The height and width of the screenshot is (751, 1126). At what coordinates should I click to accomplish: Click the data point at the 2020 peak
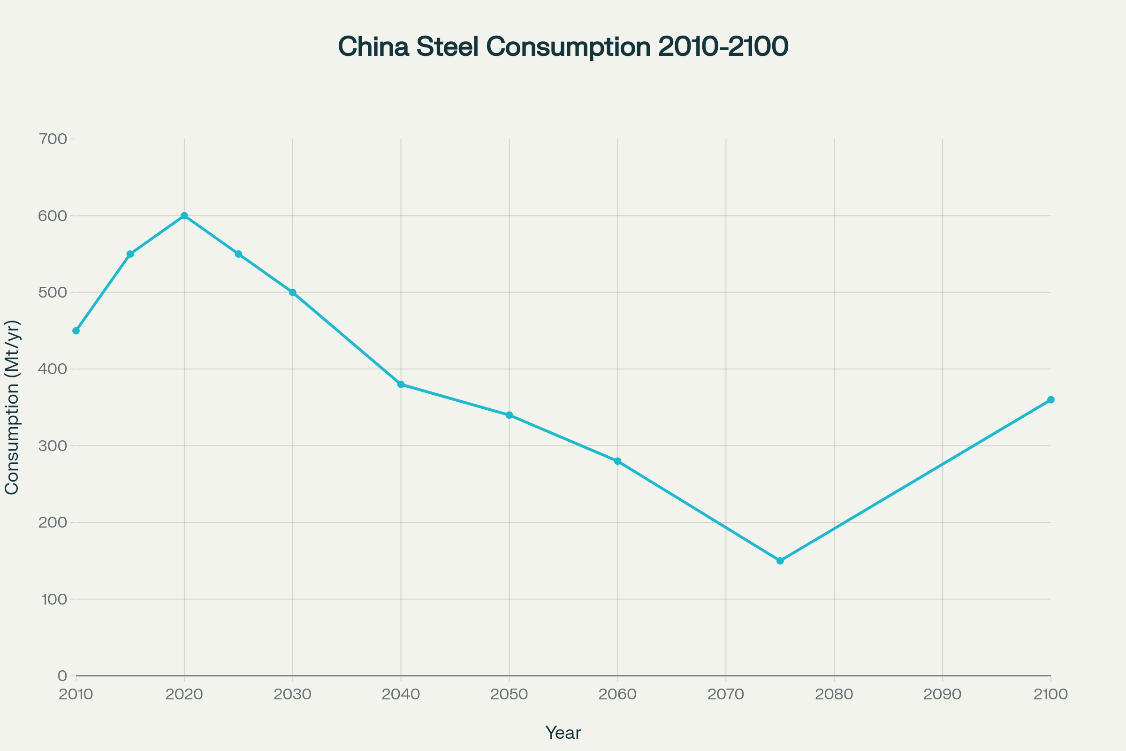184,215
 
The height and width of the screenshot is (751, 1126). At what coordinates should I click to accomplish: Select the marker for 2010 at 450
76,330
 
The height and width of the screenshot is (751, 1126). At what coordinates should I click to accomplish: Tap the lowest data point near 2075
780,560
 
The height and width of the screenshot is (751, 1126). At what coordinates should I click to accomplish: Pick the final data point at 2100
1051,399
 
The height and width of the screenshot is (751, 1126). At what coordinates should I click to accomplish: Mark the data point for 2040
401,384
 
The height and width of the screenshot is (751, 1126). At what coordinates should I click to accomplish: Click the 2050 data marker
510,415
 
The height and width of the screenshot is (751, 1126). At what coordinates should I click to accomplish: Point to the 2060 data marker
617,461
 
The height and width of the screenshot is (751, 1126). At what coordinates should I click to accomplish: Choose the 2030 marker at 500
292,292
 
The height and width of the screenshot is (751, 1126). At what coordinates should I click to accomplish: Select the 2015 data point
130,254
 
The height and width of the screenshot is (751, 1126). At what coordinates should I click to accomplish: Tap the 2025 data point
238,254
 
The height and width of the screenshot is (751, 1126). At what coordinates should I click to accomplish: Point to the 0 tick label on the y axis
62,676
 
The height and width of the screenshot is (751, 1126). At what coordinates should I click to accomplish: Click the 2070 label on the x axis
726,695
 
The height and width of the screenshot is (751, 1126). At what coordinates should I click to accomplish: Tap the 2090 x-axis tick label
942,695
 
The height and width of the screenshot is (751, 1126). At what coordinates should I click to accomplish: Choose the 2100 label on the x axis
1051,695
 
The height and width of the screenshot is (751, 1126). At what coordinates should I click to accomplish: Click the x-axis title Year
563,733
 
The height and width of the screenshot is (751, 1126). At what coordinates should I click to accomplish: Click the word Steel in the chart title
447,47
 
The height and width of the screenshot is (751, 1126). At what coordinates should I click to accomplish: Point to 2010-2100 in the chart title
723,47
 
